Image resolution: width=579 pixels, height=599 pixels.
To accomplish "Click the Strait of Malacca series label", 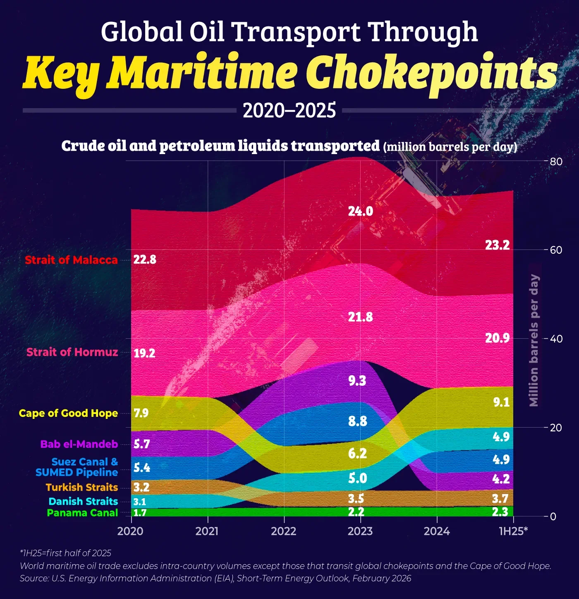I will click(x=71, y=260).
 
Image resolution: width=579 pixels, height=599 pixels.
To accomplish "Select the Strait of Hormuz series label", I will click(x=72, y=352).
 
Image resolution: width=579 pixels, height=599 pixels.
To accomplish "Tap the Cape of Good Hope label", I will click(x=68, y=413).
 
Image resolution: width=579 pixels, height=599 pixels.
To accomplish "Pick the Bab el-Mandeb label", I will click(x=79, y=444).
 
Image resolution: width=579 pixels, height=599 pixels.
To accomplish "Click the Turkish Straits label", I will click(x=82, y=487).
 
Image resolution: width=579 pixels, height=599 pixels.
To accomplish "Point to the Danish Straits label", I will click(x=83, y=501).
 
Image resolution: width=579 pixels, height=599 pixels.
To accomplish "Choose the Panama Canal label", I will click(x=82, y=513).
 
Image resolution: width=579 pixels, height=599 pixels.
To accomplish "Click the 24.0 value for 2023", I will click(x=360, y=212).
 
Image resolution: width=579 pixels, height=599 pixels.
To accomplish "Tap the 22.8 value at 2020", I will click(x=145, y=260).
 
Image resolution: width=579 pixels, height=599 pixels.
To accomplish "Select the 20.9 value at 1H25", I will click(x=497, y=338).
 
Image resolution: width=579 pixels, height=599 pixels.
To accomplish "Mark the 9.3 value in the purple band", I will click(x=357, y=380).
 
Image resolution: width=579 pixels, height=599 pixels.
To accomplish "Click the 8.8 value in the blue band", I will click(x=357, y=421).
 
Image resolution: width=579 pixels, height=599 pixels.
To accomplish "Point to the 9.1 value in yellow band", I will click(x=501, y=402).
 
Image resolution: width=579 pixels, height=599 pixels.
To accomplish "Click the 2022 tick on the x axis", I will click(x=284, y=531).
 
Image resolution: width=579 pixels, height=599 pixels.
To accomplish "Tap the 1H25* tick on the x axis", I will click(x=513, y=531).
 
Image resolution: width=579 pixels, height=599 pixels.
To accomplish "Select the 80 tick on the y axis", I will click(x=556, y=162).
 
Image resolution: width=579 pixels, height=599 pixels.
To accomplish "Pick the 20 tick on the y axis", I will click(x=556, y=428).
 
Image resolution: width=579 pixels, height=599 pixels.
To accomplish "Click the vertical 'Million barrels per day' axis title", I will click(x=534, y=340).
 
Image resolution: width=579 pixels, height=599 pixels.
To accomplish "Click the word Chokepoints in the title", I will click(x=431, y=73).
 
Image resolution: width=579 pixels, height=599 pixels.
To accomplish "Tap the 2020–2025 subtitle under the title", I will click(x=289, y=111).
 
